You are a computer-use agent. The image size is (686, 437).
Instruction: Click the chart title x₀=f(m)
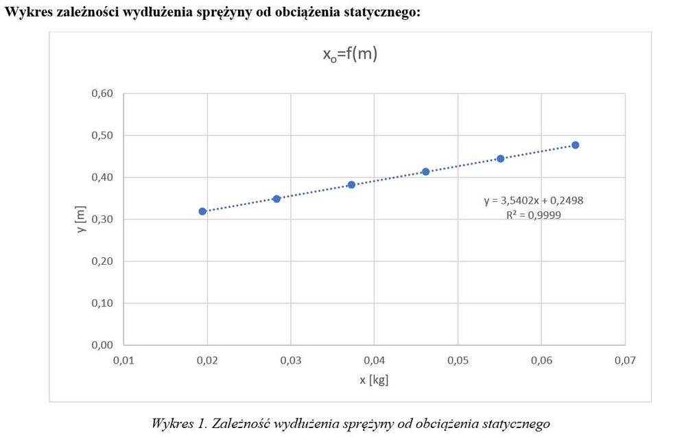350,56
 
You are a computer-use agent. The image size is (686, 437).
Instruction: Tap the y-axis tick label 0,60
102,93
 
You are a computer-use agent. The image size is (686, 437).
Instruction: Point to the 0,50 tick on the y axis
102,135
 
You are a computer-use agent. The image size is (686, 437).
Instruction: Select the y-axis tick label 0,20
102,261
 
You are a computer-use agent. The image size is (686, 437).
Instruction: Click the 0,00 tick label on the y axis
102,344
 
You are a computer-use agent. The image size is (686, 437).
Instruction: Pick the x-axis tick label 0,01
123,359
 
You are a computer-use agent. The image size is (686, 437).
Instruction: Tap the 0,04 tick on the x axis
374,359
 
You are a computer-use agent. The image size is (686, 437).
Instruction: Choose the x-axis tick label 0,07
625,359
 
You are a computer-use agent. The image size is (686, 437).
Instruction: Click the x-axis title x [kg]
374,379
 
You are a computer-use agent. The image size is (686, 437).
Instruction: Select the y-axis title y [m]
81,219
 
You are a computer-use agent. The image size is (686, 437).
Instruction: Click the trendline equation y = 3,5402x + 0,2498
533,201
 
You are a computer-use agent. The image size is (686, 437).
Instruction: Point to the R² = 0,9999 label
533,215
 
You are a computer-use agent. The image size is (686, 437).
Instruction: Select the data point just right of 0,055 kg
500,158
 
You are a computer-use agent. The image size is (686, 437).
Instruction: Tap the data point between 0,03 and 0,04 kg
351,185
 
